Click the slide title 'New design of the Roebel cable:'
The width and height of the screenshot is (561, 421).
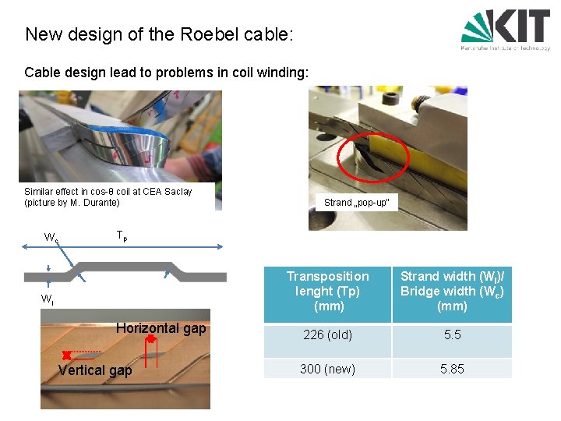159,34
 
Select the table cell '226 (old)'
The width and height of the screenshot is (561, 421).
327,335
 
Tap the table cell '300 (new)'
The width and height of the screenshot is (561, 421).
327,369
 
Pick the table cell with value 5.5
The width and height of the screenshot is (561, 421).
452,335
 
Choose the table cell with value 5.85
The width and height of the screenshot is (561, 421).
452,369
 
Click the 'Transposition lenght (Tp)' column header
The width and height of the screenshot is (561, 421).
327,291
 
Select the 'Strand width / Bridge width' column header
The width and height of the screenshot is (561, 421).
452,291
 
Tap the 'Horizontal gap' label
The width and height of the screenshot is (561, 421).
161,328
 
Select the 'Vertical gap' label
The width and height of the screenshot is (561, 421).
94,370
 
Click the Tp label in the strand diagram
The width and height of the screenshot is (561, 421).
121,235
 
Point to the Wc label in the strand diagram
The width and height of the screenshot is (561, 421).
51,238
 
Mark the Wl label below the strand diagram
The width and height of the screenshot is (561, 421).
48,299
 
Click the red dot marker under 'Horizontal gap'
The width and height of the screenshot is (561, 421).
150,339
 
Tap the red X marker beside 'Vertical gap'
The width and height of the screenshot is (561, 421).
67,356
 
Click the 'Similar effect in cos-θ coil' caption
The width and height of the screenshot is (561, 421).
108,196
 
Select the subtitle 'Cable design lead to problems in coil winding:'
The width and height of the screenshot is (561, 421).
167,73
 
